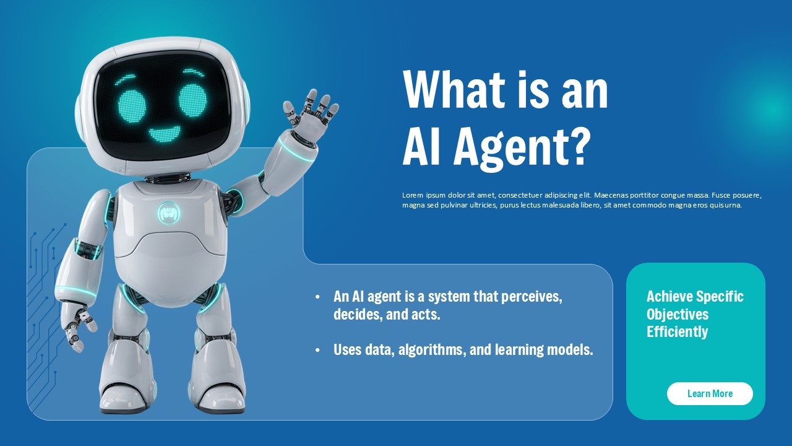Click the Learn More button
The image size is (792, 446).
pyautogui.click(x=710, y=393)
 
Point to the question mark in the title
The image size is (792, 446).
pyautogui.click(x=576, y=147)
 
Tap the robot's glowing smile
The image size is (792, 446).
pyautogui.click(x=164, y=134)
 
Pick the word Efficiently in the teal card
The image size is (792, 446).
pyautogui.click(x=677, y=332)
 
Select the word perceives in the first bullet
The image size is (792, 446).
pyautogui.click(x=532, y=297)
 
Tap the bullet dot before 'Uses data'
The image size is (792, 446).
pyautogui.click(x=317, y=351)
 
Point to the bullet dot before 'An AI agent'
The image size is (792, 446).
pyautogui.click(x=317, y=297)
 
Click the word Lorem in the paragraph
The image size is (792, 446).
pyautogui.click(x=412, y=195)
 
